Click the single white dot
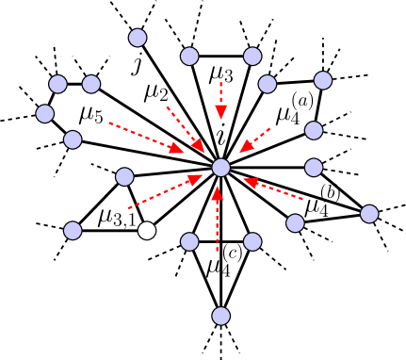[147, 230]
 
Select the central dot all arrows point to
[220, 168]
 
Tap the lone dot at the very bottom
[220, 316]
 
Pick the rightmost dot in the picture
[369, 214]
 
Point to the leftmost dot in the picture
[45, 114]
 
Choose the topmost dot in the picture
[138, 38]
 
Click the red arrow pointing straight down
[220, 100]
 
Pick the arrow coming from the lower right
[273, 188]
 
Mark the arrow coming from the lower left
[165, 191]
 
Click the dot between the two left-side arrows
[124, 176]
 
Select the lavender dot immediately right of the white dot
[189, 241]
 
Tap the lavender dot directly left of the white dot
[73, 230]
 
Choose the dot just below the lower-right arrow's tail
[295, 223]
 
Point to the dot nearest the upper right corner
[323, 80]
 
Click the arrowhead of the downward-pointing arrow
[220, 112]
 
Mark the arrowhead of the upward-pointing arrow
[217, 193]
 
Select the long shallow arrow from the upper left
[146, 138]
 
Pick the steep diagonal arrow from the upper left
[186, 129]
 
